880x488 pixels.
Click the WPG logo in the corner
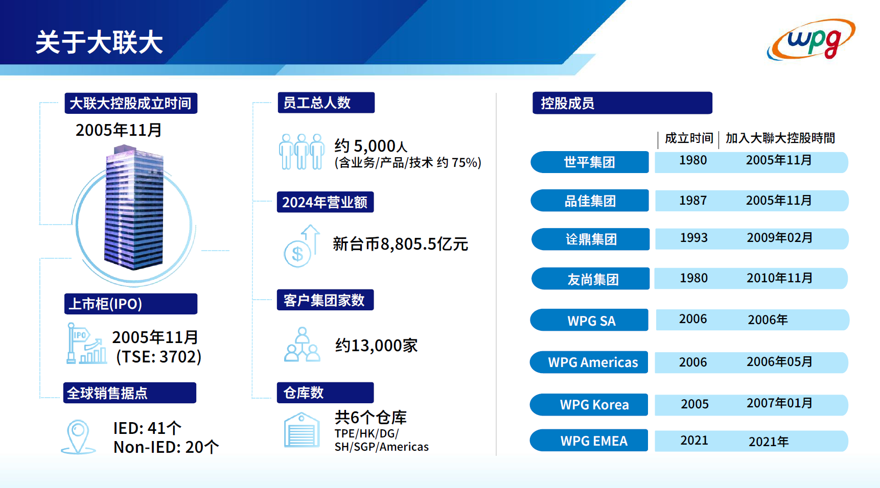tap(811, 39)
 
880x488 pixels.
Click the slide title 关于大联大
tap(99, 42)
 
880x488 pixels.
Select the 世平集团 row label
tap(589, 162)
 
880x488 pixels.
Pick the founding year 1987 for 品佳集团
tap(693, 201)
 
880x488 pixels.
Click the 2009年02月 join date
tap(779, 238)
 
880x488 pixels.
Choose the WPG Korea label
tap(594, 405)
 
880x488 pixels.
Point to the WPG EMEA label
tap(594, 441)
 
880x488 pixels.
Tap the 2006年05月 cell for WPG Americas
tap(779, 362)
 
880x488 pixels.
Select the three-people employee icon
tap(302, 152)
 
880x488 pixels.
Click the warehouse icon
tap(302, 430)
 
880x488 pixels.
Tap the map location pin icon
tap(78, 437)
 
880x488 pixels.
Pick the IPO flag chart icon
tap(86, 343)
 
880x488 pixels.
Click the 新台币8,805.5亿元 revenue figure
tap(400, 244)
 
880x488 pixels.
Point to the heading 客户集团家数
tap(325, 300)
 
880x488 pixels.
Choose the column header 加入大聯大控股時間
tap(780, 138)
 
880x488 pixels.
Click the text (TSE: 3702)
tap(158, 357)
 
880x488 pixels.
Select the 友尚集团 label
tap(593, 279)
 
